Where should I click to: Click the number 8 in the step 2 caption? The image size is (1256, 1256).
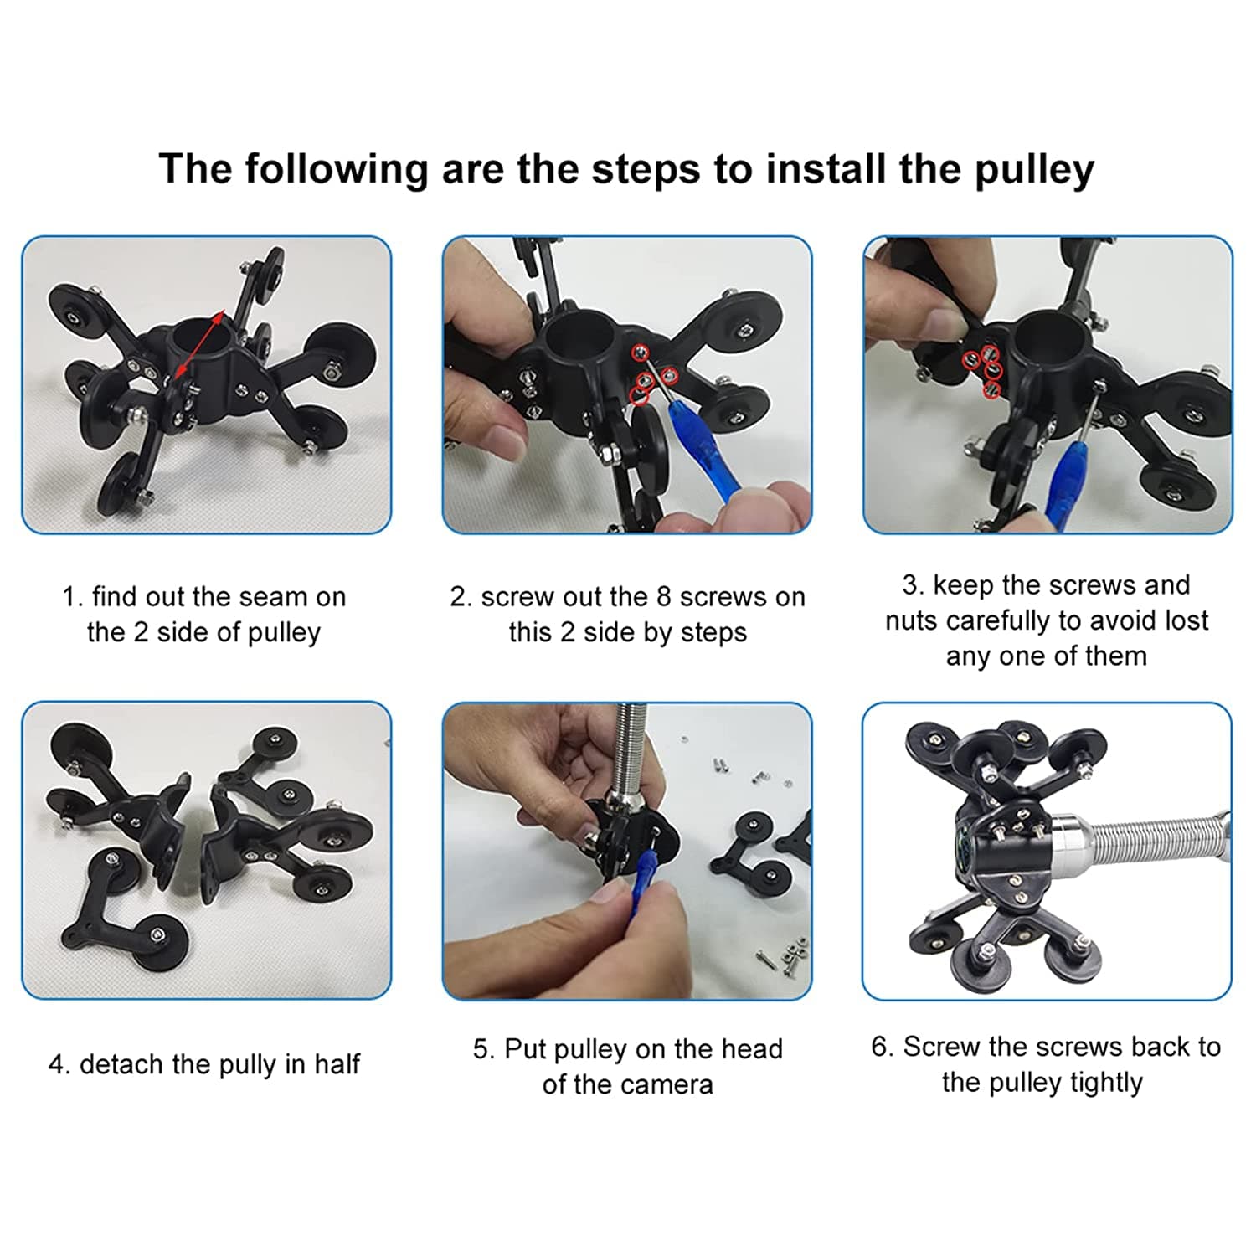[x=664, y=596]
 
